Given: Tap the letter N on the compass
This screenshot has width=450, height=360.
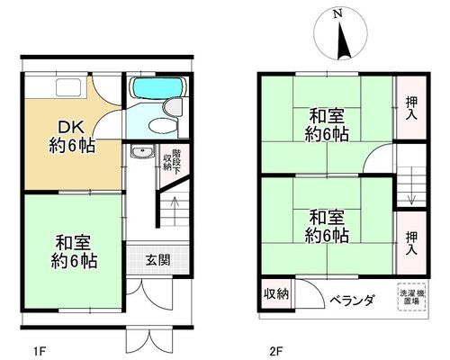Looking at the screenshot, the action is pos(338,13).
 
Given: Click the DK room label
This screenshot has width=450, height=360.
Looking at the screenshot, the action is pos(71,128).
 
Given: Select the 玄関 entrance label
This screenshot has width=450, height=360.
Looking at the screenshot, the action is pos(158,260).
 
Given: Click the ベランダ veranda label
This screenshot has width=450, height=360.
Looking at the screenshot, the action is pos(353,300).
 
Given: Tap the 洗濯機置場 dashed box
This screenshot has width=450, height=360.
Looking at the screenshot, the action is pos(413,297).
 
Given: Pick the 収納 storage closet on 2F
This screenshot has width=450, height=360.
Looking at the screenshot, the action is pos(276,293).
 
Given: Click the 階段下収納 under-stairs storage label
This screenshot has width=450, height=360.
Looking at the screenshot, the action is pos(172,162).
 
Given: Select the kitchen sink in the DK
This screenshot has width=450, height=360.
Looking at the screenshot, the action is pos(69,87).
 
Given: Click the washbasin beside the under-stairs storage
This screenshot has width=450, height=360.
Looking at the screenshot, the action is pos(142,151).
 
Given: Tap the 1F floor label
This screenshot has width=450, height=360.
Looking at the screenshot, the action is pos(40,350).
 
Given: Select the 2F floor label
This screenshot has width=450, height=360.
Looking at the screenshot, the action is pos(276,350).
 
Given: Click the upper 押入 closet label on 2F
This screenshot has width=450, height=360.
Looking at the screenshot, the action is pos(411,108).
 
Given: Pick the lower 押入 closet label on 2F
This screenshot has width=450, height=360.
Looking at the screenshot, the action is pos(411,243).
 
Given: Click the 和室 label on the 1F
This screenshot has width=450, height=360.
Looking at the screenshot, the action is pos(73,243).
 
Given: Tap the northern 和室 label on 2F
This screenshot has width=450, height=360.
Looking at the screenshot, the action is pos(327,116).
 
